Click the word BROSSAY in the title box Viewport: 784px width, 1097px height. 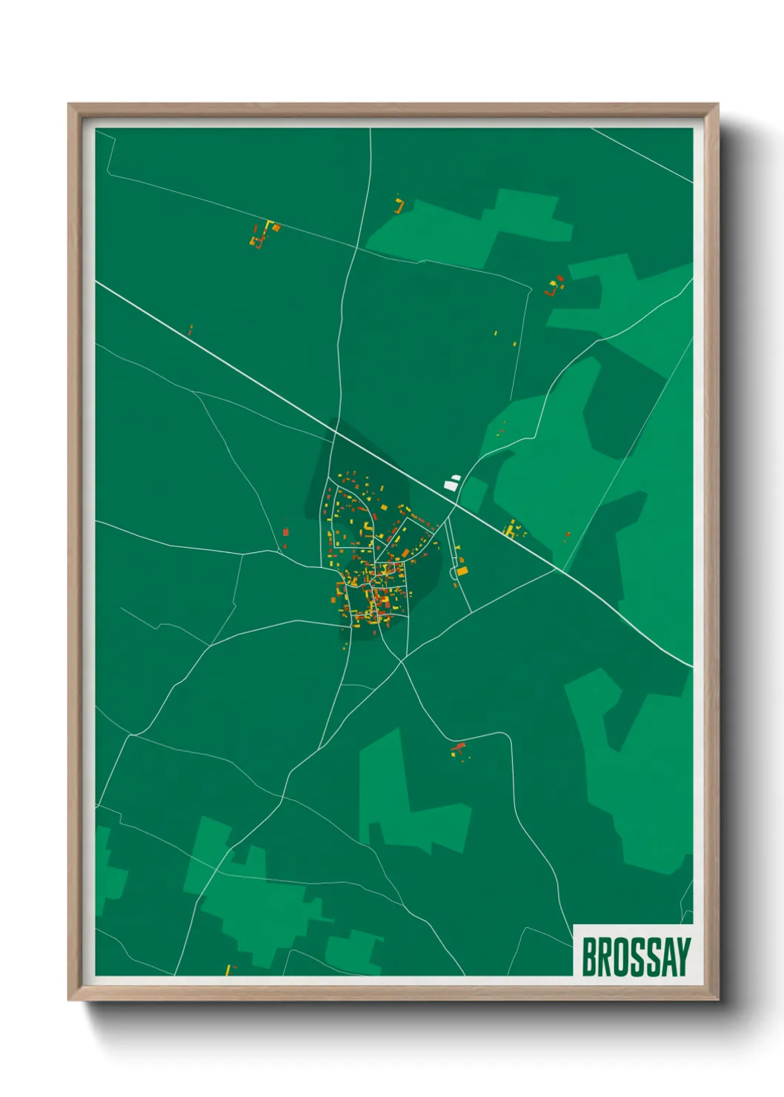[x=635, y=957]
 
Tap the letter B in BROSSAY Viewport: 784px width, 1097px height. [x=588, y=957]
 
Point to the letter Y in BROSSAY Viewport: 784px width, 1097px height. [x=682, y=957]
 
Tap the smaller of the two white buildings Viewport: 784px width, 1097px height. [x=455, y=478]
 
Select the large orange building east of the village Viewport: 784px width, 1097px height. [x=462, y=571]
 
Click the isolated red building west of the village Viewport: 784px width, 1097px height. [x=285, y=531]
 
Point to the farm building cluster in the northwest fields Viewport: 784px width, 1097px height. [x=263, y=234]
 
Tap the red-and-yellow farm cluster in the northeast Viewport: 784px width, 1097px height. [x=554, y=285]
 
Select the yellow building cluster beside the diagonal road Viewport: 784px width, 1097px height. [x=511, y=529]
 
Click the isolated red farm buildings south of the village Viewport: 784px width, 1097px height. [x=459, y=749]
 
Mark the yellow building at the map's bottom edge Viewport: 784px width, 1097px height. [x=227, y=970]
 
